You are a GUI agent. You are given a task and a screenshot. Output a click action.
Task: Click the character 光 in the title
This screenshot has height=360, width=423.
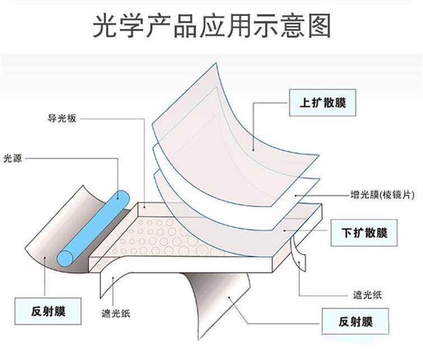pos(105,26)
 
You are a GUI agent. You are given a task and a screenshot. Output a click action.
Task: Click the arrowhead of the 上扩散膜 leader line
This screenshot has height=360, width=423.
pos(253,149)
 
